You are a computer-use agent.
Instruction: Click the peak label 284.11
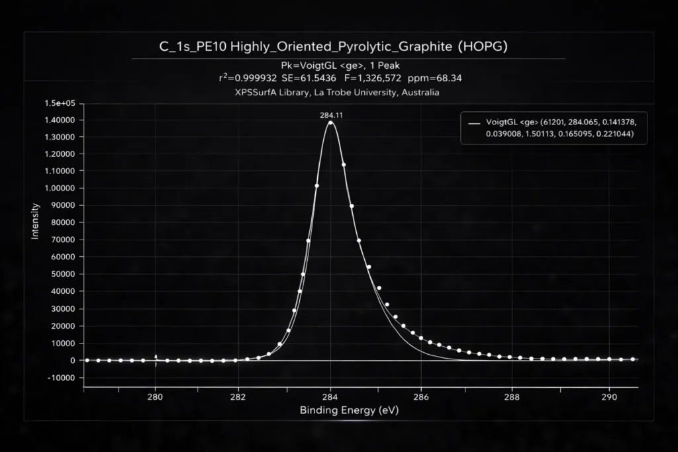[x=330, y=114]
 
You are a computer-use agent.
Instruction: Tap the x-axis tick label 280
[x=155, y=398]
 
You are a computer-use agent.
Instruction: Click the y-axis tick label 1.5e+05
[x=60, y=103]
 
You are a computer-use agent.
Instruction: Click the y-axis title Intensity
[x=36, y=221]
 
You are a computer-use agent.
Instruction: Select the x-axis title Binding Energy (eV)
[x=349, y=410]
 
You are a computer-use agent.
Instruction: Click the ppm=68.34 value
[x=435, y=78]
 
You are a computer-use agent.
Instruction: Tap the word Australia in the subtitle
[x=419, y=93]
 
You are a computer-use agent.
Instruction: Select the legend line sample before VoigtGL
[x=473, y=123]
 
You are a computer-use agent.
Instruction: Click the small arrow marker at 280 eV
[x=156, y=357]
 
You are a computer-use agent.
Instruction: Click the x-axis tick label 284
[x=330, y=398]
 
